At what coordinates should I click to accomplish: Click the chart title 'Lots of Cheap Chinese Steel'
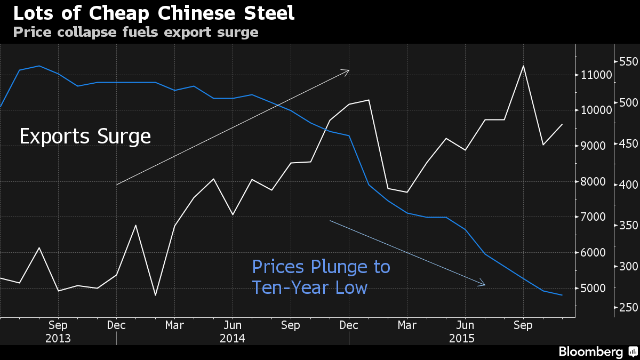[x=154, y=13]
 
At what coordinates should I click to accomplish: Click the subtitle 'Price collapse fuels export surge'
[x=135, y=33]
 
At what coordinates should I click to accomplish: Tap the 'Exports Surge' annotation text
[x=85, y=137]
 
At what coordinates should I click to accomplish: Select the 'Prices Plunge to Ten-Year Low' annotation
[x=321, y=277]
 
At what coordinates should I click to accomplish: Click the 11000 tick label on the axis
[x=596, y=75]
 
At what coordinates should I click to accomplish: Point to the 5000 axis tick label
[x=593, y=288]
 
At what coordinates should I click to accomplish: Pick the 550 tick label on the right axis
[x=629, y=62]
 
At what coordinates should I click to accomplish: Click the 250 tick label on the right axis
[x=629, y=307]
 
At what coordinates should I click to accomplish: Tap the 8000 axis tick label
[x=593, y=182]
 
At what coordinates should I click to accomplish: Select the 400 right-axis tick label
[x=629, y=185]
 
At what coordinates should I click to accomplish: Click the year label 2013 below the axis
[x=58, y=339]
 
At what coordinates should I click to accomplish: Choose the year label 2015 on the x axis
[x=462, y=339]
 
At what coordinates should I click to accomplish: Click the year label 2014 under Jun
[x=233, y=339]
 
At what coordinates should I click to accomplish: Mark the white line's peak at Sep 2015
[x=523, y=66]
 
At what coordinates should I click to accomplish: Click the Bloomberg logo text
[x=591, y=351]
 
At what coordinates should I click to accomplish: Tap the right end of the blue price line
[x=562, y=295]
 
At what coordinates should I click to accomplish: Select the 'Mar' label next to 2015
[x=407, y=325]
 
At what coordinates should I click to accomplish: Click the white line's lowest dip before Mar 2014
[x=155, y=295]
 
